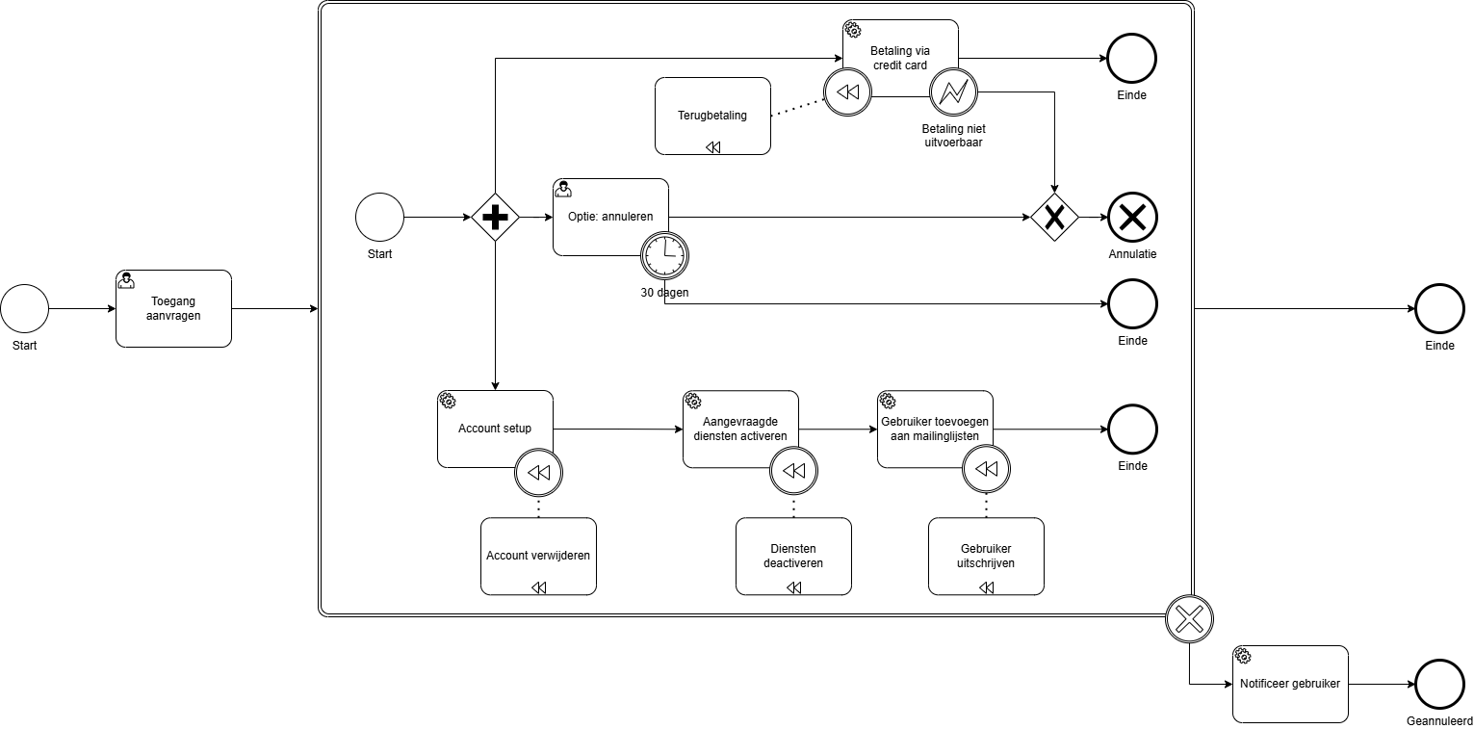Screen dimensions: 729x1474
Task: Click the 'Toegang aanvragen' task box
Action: click(x=173, y=308)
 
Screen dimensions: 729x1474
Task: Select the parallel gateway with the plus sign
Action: click(x=495, y=218)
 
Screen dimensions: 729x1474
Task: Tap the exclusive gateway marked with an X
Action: click(x=1055, y=218)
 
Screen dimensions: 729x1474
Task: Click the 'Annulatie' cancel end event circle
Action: click(x=1132, y=218)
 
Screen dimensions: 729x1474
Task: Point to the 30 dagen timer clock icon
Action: click(x=664, y=255)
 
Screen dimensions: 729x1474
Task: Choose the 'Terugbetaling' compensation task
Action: click(x=712, y=116)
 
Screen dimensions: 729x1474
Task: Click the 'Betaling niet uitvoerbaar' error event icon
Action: click(x=953, y=92)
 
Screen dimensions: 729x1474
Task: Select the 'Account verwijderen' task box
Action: click(x=538, y=556)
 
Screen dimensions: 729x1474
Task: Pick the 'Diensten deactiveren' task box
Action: click(x=793, y=556)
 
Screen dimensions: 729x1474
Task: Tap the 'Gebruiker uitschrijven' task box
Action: click(x=986, y=556)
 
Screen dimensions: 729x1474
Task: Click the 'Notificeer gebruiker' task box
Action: click(x=1290, y=684)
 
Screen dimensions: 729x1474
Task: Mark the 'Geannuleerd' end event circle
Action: click(x=1439, y=684)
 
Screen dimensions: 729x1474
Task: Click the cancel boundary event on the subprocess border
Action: click(x=1189, y=618)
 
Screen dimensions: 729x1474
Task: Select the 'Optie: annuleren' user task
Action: click(x=610, y=217)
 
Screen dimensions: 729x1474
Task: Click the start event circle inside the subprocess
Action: click(x=379, y=218)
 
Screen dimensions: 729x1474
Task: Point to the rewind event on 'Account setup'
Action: click(x=538, y=472)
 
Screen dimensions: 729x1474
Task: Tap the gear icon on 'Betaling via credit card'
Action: click(x=852, y=30)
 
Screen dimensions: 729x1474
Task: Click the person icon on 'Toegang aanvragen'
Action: click(x=126, y=280)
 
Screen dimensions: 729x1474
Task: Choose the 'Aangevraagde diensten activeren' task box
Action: click(x=740, y=429)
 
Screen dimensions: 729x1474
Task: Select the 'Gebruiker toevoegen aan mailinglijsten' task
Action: click(x=934, y=429)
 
